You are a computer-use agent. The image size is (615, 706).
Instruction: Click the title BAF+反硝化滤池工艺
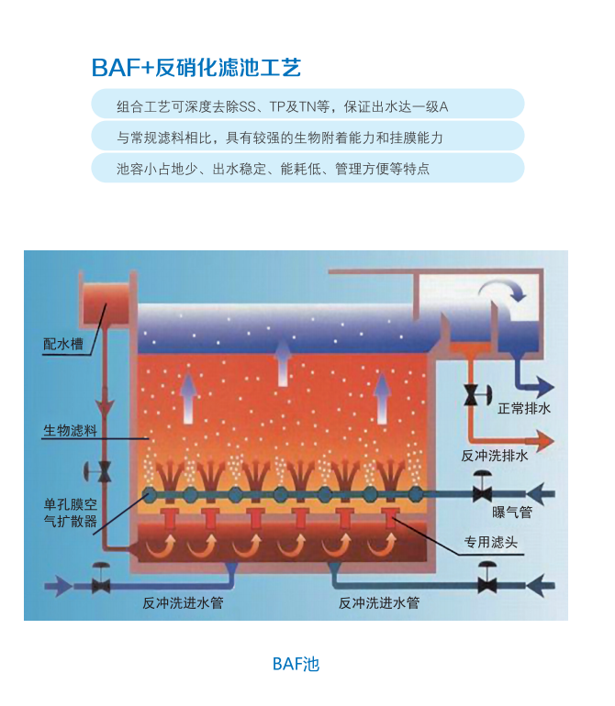[x=196, y=68]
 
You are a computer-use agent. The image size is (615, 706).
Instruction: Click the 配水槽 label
[x=62, y=344]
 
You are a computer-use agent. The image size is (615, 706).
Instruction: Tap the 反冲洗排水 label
[x=494, y=456]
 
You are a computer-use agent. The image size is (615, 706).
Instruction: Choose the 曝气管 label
[x=512, y=513]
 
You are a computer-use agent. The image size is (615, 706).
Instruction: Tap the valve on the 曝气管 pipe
[x=481, y=489]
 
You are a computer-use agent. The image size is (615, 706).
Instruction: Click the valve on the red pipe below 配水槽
[x=104, y=472]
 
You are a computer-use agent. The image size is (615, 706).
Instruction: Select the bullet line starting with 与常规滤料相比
[x=280, y=138]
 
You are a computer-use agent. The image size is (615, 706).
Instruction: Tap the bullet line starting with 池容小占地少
[x=274, y=169]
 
